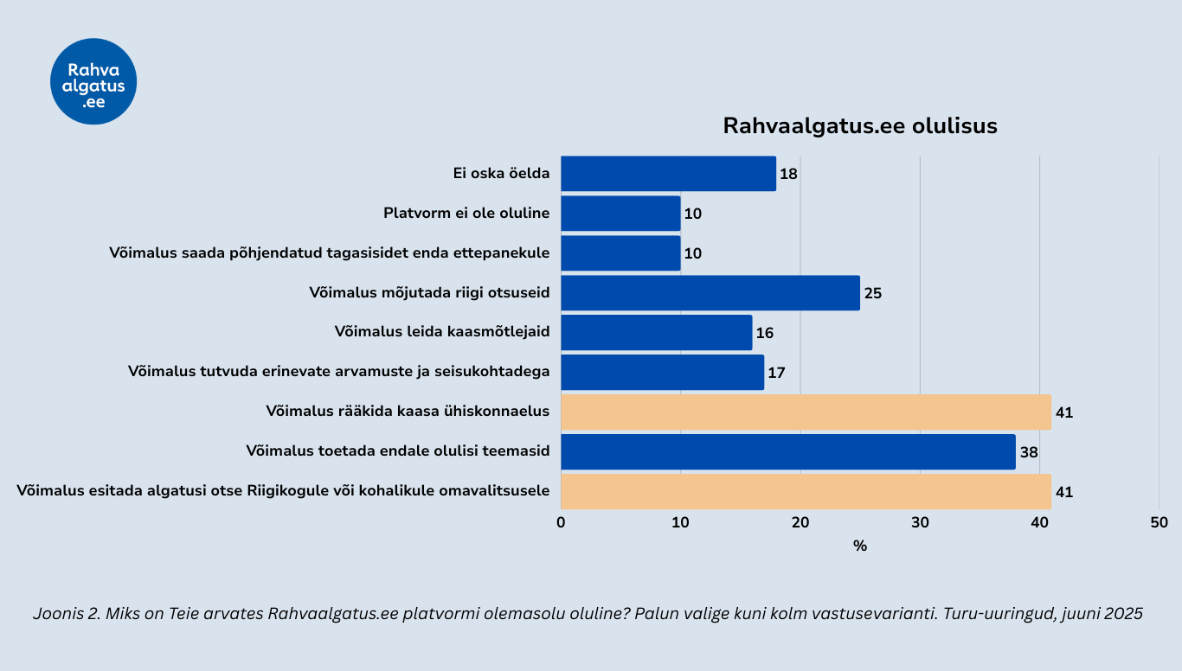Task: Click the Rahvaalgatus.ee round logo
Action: coord(93,81)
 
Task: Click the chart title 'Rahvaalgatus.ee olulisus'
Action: coord(860,126)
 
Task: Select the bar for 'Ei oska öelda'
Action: coord(668,173)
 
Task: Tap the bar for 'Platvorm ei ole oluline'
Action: coord(620,213)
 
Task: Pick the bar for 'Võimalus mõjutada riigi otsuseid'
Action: coord(710,292)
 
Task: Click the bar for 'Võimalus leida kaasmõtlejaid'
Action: coord(656,332)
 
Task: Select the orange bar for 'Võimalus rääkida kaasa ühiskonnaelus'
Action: coord(805,412)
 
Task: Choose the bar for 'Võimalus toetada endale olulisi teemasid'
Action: coord(787,451)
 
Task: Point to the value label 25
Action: coord(873,293)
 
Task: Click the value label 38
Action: coord(1029,452)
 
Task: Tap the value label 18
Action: coord(788,174)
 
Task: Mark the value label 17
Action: coord(776,373)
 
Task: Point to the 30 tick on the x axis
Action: coord(920,522)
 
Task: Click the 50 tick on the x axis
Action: coord(1159,522)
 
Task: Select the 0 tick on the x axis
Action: coord(562,522)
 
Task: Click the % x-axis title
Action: coord(859,546)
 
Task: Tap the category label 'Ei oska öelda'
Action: coord(501,173)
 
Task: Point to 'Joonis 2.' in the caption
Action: coord(64,614)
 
